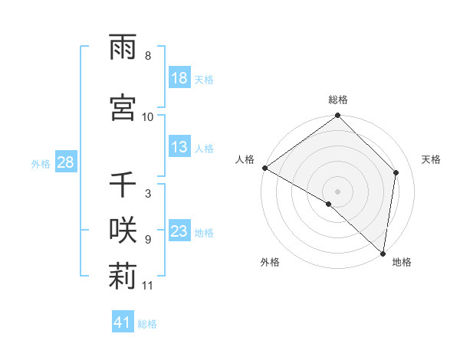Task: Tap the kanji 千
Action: coord(123,185)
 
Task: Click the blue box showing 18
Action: coord(179,78)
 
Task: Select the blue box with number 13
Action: coord(179,147)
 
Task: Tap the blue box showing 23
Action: coord(179,231)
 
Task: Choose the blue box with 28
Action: coord(65,162)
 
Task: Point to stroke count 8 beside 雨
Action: coord(148,56)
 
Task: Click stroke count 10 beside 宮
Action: coord(148,116)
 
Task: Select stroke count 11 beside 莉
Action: coord(148,286)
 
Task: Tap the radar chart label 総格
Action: coord(337,100)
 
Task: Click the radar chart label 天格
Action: coord(431,159)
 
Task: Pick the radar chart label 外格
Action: coord(270,262)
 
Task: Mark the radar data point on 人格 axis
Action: coord(264,168)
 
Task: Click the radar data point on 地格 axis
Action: coord(383,253)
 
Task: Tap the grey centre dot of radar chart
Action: coord(337,191)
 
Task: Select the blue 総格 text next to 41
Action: coord(147,324)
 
